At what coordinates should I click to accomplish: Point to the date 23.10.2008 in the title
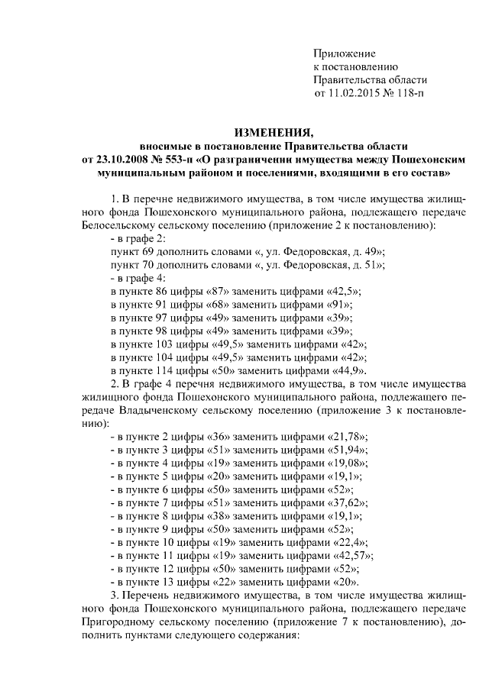pyautogui.click(x=124, y=160)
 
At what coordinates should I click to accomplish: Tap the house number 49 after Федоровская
pyautogui.click(x=371, y=252)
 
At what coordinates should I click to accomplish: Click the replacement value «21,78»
pyautogui.click(x=348, y=436)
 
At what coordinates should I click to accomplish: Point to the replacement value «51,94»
pyautogui.click(x=348, y=450)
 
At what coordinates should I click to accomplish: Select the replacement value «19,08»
pyautogui.click(x=348, y=463)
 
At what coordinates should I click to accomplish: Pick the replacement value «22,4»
pyautogui.click(x=350, y=542)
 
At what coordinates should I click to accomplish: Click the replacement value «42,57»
pyautogui.click(x=354, y=555)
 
